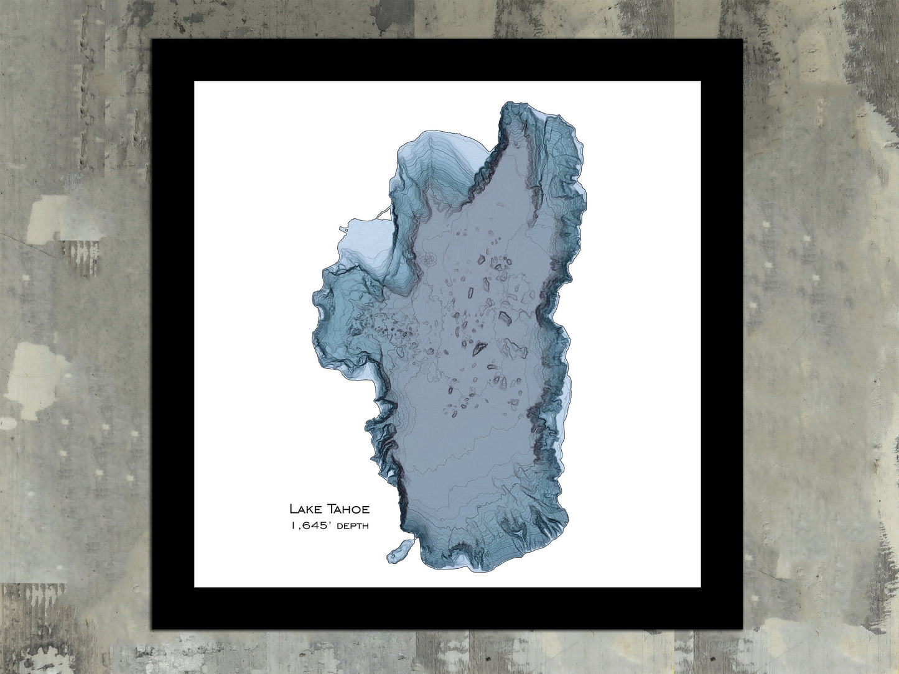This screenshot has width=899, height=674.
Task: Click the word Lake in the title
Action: [x=302, y=509]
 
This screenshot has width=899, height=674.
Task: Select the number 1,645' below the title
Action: [x=310, y=527]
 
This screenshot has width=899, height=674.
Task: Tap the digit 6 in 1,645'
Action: [x=304, y=527]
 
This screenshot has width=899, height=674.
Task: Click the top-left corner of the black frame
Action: [x=154, y=40]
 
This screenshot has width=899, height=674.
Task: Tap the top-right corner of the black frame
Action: [x=742, y=40]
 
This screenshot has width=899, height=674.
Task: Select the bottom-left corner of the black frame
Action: [x=154, y=629]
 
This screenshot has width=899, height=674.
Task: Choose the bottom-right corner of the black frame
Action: [x=742, y=629]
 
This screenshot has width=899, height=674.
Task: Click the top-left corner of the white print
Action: [x=195, y=81]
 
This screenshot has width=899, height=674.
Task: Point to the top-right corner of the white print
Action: [x=701, y=81]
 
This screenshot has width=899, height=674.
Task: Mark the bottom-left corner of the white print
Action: [x=195, y=586]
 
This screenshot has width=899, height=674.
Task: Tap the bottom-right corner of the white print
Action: [x=701, y=586]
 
